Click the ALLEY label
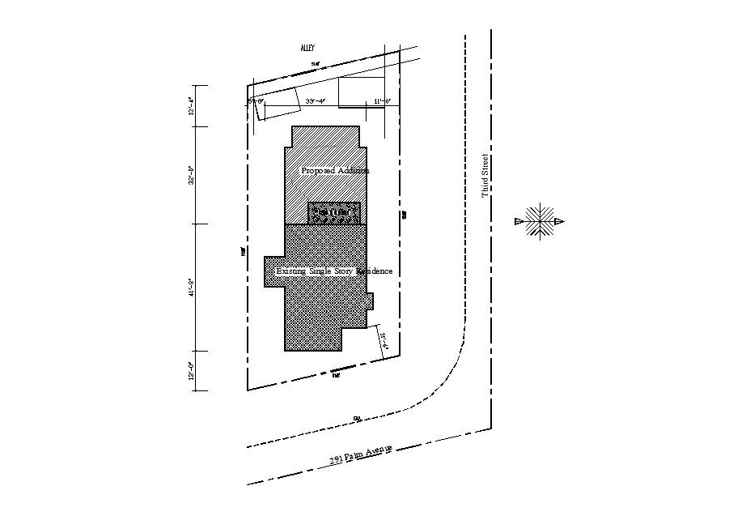coord(307,49)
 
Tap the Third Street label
coord(485,176)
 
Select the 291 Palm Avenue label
coord(361,454)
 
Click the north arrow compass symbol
coord(538,220)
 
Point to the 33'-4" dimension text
coord(316,101)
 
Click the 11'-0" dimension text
coord(382,101)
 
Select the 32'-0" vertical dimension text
coord(192,175)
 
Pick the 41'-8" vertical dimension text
coord(192,287)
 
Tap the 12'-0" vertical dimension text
coord(192,371)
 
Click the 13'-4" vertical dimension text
coord(192,106)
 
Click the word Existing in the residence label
coord(291,271)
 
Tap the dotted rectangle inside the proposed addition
coord(333,213)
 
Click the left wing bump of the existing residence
coord(273,271)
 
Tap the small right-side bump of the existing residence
coord(370,301)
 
